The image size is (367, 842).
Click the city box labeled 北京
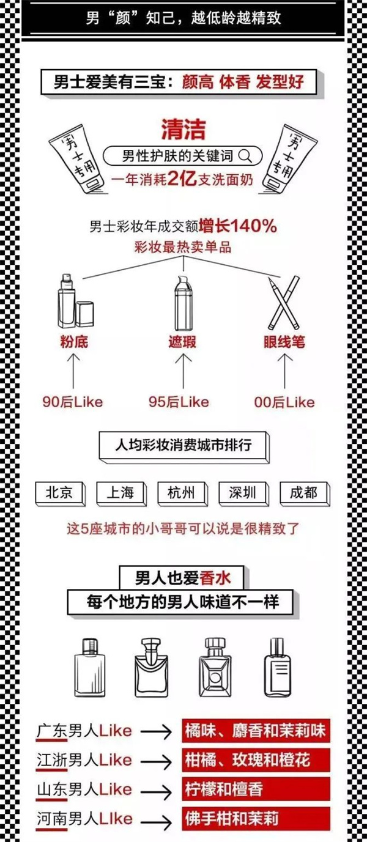pos(60,493)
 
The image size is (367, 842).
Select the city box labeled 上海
pos(121,493)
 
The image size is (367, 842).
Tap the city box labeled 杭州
pos(182,493)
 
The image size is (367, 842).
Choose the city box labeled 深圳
pos(243,493)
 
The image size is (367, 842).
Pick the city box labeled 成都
pos(305,493)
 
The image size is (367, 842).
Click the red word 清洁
pos(184,129)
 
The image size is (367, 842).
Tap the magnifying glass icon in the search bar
pos(245,156)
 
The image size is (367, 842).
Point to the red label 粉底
pos(74,342)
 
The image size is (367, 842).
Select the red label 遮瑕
pos(182,342)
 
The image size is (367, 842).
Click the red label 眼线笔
pos(284,342)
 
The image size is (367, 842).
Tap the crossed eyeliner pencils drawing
pos(284,303)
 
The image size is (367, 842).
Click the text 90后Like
pos(73,402)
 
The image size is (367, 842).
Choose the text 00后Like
pos(284,402)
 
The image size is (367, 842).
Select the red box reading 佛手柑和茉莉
pos(256,818)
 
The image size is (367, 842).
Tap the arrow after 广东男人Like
pos(156,732)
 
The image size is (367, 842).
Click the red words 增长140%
pos(238,226)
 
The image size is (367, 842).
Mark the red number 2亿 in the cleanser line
pos(182,179)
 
